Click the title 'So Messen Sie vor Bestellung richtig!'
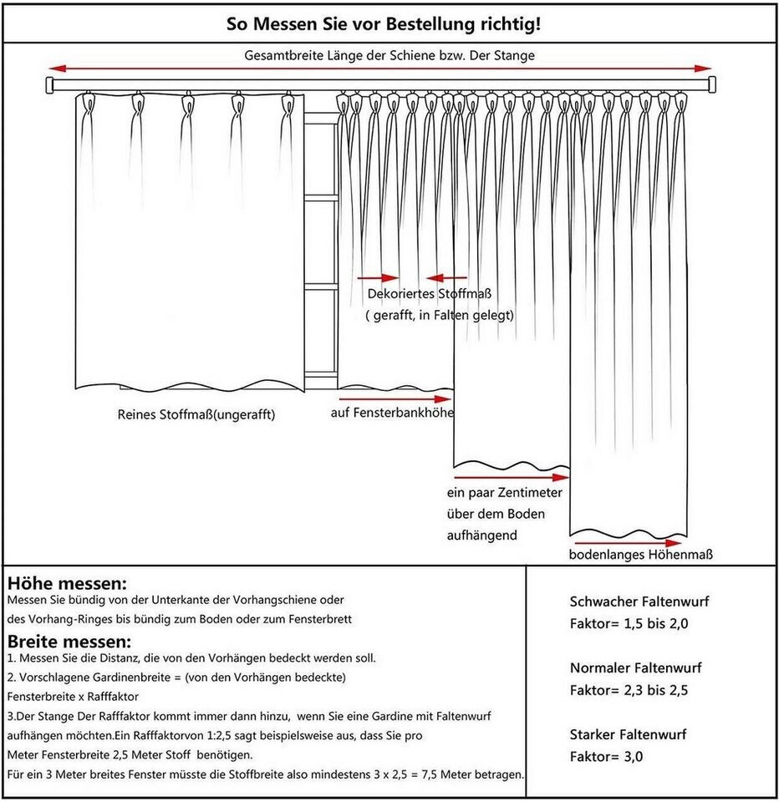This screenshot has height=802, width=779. pyautogui.click(x=384, y=23)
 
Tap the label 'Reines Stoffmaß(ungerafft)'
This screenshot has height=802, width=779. pyautogui.click(x=196, y=414)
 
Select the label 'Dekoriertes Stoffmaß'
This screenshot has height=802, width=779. pyautogui.click(x=428, y=294)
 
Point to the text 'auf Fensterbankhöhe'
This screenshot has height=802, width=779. pyautogui.click(x=391, y=413)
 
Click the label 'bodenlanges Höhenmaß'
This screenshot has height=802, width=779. pyautogui.click(x=641, y=555)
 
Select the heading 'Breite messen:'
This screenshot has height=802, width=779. pyautogui.click(x=69, y=642)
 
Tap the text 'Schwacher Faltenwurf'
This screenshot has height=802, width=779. pyautogui.click(x=639, y=601)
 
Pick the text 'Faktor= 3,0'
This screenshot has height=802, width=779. pyautogui.click(x=608, y=758)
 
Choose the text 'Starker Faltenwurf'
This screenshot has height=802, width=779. pyautogui.click(x=628, y=735)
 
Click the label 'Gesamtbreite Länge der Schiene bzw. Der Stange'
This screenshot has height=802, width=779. pyautogui.click(x=389, y=55)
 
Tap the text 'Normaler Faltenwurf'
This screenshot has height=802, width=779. pyautogui.click(x=635, y=668)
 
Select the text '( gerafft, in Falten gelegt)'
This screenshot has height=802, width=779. pyautogui.click(x=440, y=316)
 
